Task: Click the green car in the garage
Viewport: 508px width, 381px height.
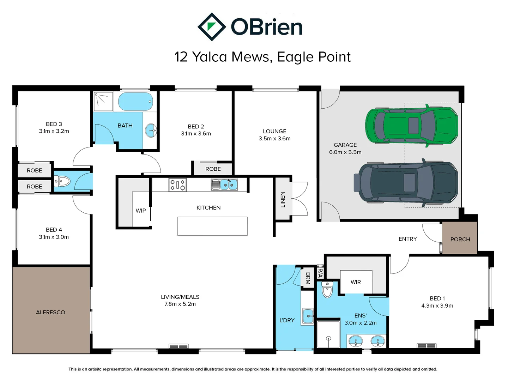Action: [x=411, y=125]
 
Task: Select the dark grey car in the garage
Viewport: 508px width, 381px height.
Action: [x=408, y=182]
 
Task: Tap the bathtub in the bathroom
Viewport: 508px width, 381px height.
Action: [x=135, y=102]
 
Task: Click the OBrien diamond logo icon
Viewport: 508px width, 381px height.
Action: [x=211, y=27]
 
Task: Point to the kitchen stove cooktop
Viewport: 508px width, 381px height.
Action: [x=177, y=185]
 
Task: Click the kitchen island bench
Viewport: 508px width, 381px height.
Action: [x=212, y=226]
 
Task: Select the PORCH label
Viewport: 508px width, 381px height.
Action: [x=460, y=240]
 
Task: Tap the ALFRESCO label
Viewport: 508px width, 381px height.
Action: [x=50, y=313]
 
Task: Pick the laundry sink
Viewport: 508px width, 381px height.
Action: [x=308, y=316]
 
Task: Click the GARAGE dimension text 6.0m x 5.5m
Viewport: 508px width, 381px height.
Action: [x=345, y=152]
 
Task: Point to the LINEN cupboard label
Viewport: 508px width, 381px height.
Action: [x=283, y=199]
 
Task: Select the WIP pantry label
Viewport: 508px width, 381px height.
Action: [x=141, y=211]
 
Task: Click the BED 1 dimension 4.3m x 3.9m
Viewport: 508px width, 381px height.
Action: [x=437, y=306]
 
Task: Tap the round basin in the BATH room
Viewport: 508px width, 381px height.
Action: [x=151, y=131]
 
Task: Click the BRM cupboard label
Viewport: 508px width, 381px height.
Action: [x=308, y=278]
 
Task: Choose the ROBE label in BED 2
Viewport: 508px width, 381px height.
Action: [x=213, y=169]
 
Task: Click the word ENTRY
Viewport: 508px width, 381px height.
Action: [x=407, y=239]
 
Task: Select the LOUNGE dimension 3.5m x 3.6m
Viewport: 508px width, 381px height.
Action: [x=274, y=139]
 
